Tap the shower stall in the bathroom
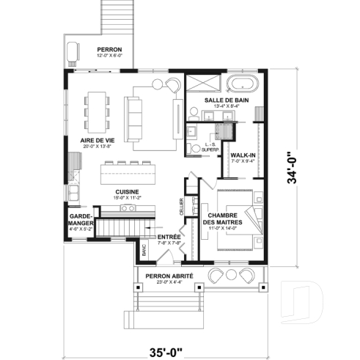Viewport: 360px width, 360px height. coord(196,82)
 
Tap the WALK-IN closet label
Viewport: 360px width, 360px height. coord(243,155)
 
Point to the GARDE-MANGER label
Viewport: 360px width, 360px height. coord(80,221)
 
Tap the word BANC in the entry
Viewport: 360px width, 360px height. coord(144,249)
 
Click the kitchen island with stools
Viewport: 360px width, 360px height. coord(128,174)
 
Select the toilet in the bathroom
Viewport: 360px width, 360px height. coord(191,149)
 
